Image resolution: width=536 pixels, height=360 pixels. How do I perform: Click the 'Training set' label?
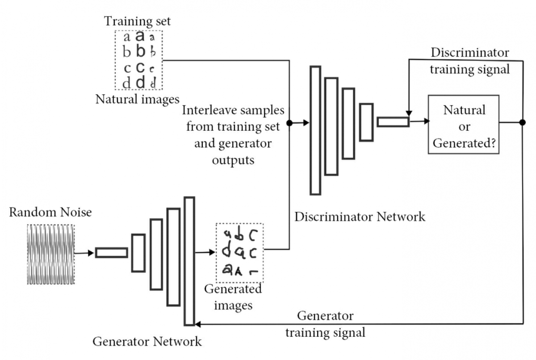click(137, 21)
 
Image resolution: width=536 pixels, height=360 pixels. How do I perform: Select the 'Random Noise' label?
click(50, 212)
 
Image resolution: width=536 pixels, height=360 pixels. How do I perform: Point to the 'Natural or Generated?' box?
click(464, 124)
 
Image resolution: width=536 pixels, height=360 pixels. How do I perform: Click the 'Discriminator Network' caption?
click(360, 217)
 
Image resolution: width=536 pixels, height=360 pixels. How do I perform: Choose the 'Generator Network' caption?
click(147, 342)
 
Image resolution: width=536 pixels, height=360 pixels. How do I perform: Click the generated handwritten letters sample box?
click(239, 253)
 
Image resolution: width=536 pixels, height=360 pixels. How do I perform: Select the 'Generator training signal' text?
click(325, 324)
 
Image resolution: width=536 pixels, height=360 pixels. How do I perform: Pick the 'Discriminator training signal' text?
click(469, 61)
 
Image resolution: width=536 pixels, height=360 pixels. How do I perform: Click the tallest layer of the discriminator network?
click(315, 130)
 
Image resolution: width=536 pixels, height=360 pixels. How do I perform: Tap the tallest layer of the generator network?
click(189, 261)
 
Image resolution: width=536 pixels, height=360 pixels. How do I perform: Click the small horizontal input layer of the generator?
click(111, 252)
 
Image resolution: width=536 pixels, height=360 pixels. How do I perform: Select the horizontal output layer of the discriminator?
click(393, 121)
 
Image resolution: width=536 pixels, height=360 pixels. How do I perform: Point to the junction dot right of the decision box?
click(523, 122)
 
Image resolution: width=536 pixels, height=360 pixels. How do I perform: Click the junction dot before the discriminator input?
click(289, 122)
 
